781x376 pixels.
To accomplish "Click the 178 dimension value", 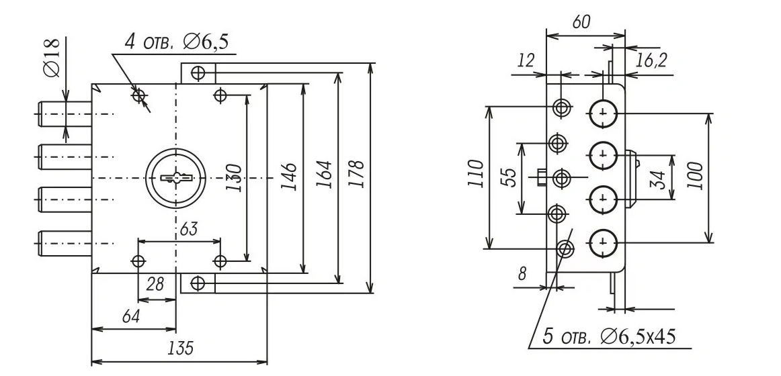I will [358, 174].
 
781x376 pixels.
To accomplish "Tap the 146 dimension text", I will [288, 175].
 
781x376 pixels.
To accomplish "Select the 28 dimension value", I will [155, 285].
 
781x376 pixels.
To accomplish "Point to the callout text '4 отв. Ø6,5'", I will [176, 42].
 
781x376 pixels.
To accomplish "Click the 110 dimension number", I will [476, 176].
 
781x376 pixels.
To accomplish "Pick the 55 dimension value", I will [510, 177].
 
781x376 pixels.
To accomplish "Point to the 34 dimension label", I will [660, 179].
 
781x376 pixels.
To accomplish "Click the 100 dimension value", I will [696, 177].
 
